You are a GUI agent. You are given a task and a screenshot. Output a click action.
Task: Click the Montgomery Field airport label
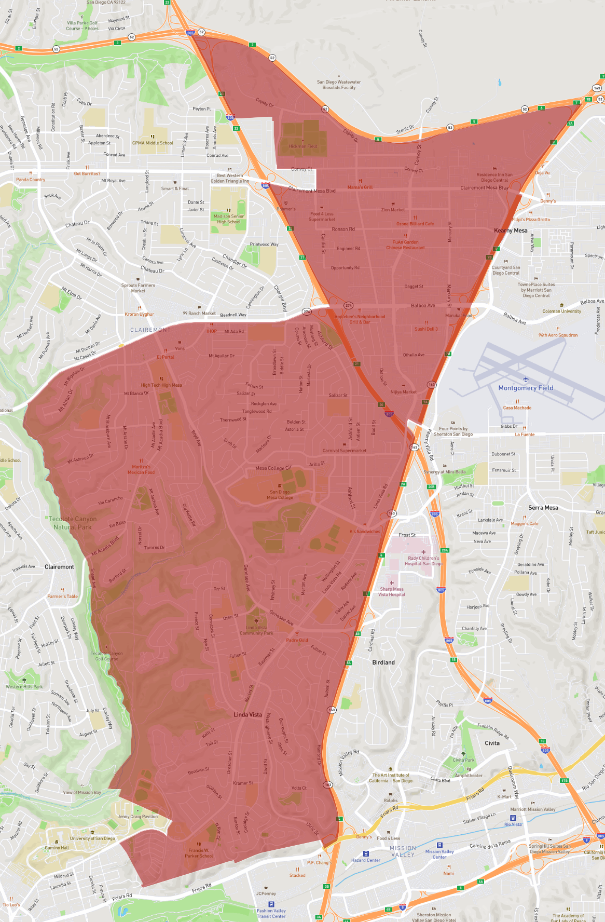526,388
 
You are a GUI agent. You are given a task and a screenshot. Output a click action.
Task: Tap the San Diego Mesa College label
280,495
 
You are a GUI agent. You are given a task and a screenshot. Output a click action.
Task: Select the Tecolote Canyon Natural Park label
72,523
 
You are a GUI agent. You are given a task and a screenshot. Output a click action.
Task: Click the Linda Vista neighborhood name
247,714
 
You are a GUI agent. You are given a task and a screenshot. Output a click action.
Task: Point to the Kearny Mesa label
511,230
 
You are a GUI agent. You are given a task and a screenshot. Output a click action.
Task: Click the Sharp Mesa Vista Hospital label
392,592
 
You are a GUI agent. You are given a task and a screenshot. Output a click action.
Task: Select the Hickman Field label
303,146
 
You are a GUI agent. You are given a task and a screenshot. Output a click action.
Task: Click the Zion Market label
393,210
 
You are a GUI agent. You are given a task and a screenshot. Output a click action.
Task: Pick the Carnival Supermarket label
345,451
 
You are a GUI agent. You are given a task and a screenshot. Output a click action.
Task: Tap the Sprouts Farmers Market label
138,288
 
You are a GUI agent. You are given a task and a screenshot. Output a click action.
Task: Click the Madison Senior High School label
229,219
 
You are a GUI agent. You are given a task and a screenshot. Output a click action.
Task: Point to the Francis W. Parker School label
199,853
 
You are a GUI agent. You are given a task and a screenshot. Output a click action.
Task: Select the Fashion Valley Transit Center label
271,913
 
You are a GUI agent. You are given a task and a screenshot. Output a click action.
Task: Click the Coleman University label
561,311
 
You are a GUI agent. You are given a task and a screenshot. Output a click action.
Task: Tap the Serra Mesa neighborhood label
543,508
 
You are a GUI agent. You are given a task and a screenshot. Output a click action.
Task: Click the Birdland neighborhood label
383,662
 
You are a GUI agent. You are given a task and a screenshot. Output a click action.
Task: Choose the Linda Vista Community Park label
256,630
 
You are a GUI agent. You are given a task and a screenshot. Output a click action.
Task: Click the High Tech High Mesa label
161,385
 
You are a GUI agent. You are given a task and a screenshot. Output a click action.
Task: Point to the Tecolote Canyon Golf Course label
107,656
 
